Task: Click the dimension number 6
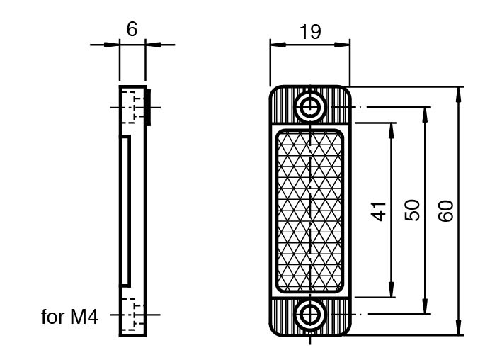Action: (x=131, y=29)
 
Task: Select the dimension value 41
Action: (x=381, y=210)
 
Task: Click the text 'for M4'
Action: (x=69, y=316)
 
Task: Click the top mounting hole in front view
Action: (x=310, y=108)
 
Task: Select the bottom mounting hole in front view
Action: (x=310, y=313)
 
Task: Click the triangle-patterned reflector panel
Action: (x=310, y=210)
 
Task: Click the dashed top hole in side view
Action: (x=132, y=107)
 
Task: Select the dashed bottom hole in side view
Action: (x=132, y=314)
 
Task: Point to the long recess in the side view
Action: (x=125, y=210)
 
